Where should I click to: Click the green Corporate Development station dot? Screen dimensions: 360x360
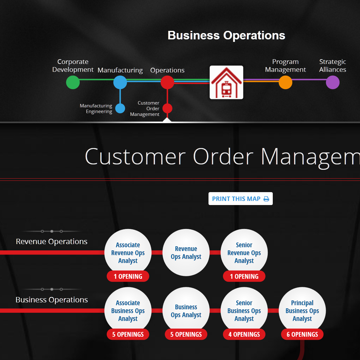(73, 83)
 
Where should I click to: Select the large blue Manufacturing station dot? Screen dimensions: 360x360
(120, 83)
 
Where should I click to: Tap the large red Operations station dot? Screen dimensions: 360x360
(167, 83)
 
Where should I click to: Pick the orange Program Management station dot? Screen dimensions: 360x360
(285, 83)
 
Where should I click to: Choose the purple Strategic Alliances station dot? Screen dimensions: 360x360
(333, 83)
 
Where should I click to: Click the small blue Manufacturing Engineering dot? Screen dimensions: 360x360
(120, 108)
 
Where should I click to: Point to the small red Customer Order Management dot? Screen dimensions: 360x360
(167, 108)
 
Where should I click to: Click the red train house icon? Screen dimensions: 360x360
(226, 83)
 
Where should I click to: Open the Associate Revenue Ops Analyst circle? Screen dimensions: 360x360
(128, 252)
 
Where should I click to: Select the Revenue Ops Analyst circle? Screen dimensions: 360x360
(186, 252)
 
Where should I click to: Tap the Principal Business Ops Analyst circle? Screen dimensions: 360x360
(302, 311)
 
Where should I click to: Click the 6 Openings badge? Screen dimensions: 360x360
(302, 334)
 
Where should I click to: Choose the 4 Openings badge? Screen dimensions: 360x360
(244, 334)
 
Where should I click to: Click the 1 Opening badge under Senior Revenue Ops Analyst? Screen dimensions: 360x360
(244, 276)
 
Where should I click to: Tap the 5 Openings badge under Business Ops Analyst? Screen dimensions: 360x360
(186, 334)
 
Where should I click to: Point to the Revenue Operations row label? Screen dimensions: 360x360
(52, 241)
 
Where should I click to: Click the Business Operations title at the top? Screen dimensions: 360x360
(226, 35)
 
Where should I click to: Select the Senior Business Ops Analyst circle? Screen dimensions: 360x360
(244, 311)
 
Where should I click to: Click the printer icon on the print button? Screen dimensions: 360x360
(266, 199)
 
